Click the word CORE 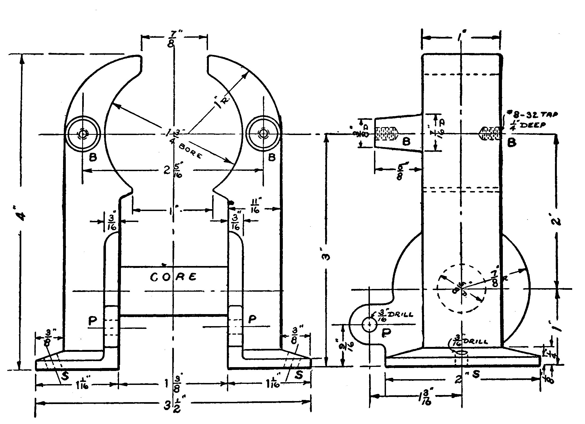(173, 277)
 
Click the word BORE (190, 151)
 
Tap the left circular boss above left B (82, 134)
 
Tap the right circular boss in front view (263, 134)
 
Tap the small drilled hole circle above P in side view (369, 325)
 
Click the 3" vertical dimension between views (328, 256)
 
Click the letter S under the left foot (64, 376)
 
